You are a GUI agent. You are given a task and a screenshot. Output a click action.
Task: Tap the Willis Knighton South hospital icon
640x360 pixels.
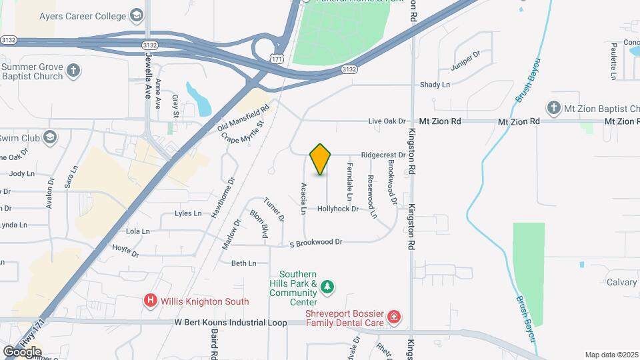click(x=151, y=301)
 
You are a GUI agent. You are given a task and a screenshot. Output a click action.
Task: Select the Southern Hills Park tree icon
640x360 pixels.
click(x=327, y=287)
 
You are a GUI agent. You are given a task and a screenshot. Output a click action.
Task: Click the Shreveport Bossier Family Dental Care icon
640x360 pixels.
click(x=394, y=316)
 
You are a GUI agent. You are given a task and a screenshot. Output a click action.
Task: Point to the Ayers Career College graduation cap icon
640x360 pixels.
click(x=137, y=15)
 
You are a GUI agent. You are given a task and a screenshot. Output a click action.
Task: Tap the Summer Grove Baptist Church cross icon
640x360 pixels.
click(x=73, y=70)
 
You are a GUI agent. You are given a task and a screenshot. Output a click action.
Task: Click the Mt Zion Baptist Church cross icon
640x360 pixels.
click(x=553, y=107)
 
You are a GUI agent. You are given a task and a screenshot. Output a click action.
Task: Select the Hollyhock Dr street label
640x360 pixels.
click(x=338, y=209)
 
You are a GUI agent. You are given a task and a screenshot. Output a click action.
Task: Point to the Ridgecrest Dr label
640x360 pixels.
click(x=383, y=155)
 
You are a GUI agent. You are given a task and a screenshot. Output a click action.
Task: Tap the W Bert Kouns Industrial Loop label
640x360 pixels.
click(x=231, y=323)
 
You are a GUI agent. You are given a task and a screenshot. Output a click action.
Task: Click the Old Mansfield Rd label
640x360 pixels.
click(x=243, y=117)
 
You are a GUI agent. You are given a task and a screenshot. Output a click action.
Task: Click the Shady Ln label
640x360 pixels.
click(x=435, y=85)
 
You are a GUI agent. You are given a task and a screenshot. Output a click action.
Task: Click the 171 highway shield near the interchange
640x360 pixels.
click(x=278, y=59)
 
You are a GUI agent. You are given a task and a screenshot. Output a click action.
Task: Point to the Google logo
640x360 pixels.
click(x=22, y=351)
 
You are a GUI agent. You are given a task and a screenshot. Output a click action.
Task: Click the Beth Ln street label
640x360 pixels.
click(x=243, y=263)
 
